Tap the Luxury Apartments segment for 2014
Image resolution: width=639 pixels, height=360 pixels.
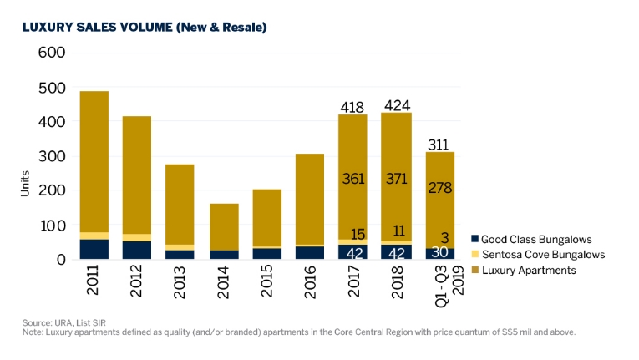(x=224, y=226)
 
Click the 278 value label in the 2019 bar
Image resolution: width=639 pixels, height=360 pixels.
(x=439, y=189)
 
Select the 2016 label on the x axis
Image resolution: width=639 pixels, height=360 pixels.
(x=310, y=280)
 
